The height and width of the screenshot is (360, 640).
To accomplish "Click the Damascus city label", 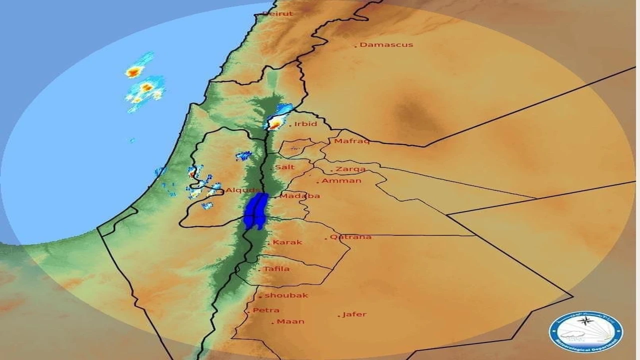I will tap(386, 44).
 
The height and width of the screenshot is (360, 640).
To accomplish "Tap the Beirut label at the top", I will tap(277, 13).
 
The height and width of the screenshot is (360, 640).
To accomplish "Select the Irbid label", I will tap(305, 124).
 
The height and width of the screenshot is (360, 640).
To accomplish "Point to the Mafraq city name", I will tap(351, 141).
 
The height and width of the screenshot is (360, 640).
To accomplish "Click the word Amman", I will tap(341, 180).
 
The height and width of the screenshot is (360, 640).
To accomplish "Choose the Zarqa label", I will tap(350, 169).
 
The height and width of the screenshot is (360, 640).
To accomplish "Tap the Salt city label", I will tap(285, 167).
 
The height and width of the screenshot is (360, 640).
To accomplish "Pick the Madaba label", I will tap(299, 196).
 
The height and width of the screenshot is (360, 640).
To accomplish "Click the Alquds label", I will tap(243, 190).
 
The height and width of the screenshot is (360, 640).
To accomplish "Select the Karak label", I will tap(287, 242).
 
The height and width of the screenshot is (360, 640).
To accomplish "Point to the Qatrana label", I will tap(350, 236).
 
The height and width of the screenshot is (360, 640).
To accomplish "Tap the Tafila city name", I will tap(276, 269).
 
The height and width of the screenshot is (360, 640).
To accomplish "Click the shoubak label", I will tap(286, 295).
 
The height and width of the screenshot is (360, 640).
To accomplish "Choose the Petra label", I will tap(266, 310).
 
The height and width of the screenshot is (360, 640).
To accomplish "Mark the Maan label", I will tap(290, 321).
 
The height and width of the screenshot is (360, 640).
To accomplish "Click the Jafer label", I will tap(354, 314).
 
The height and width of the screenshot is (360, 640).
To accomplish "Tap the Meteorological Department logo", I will tap(586, 331).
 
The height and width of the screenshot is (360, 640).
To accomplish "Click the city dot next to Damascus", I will tap(356, 46).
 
